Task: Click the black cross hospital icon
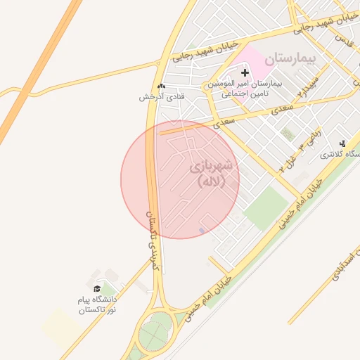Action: point(245,72)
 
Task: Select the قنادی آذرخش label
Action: point(162,96)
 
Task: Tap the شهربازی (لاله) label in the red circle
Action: point(214,175)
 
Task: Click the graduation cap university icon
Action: point(97,288)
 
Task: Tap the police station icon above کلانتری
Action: point(342,143)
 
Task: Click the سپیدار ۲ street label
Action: point(308,86)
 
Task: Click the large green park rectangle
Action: point(266,207)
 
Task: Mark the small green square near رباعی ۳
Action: point(287,134)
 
